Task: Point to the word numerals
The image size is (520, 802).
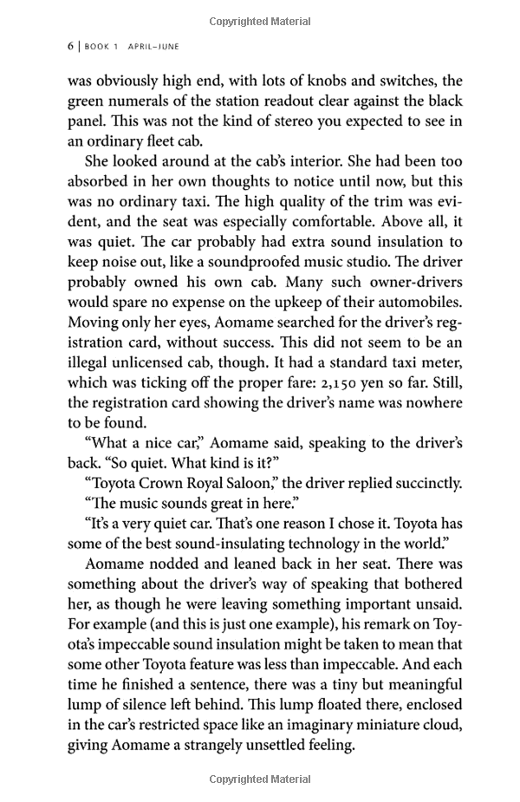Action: point(126,101)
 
